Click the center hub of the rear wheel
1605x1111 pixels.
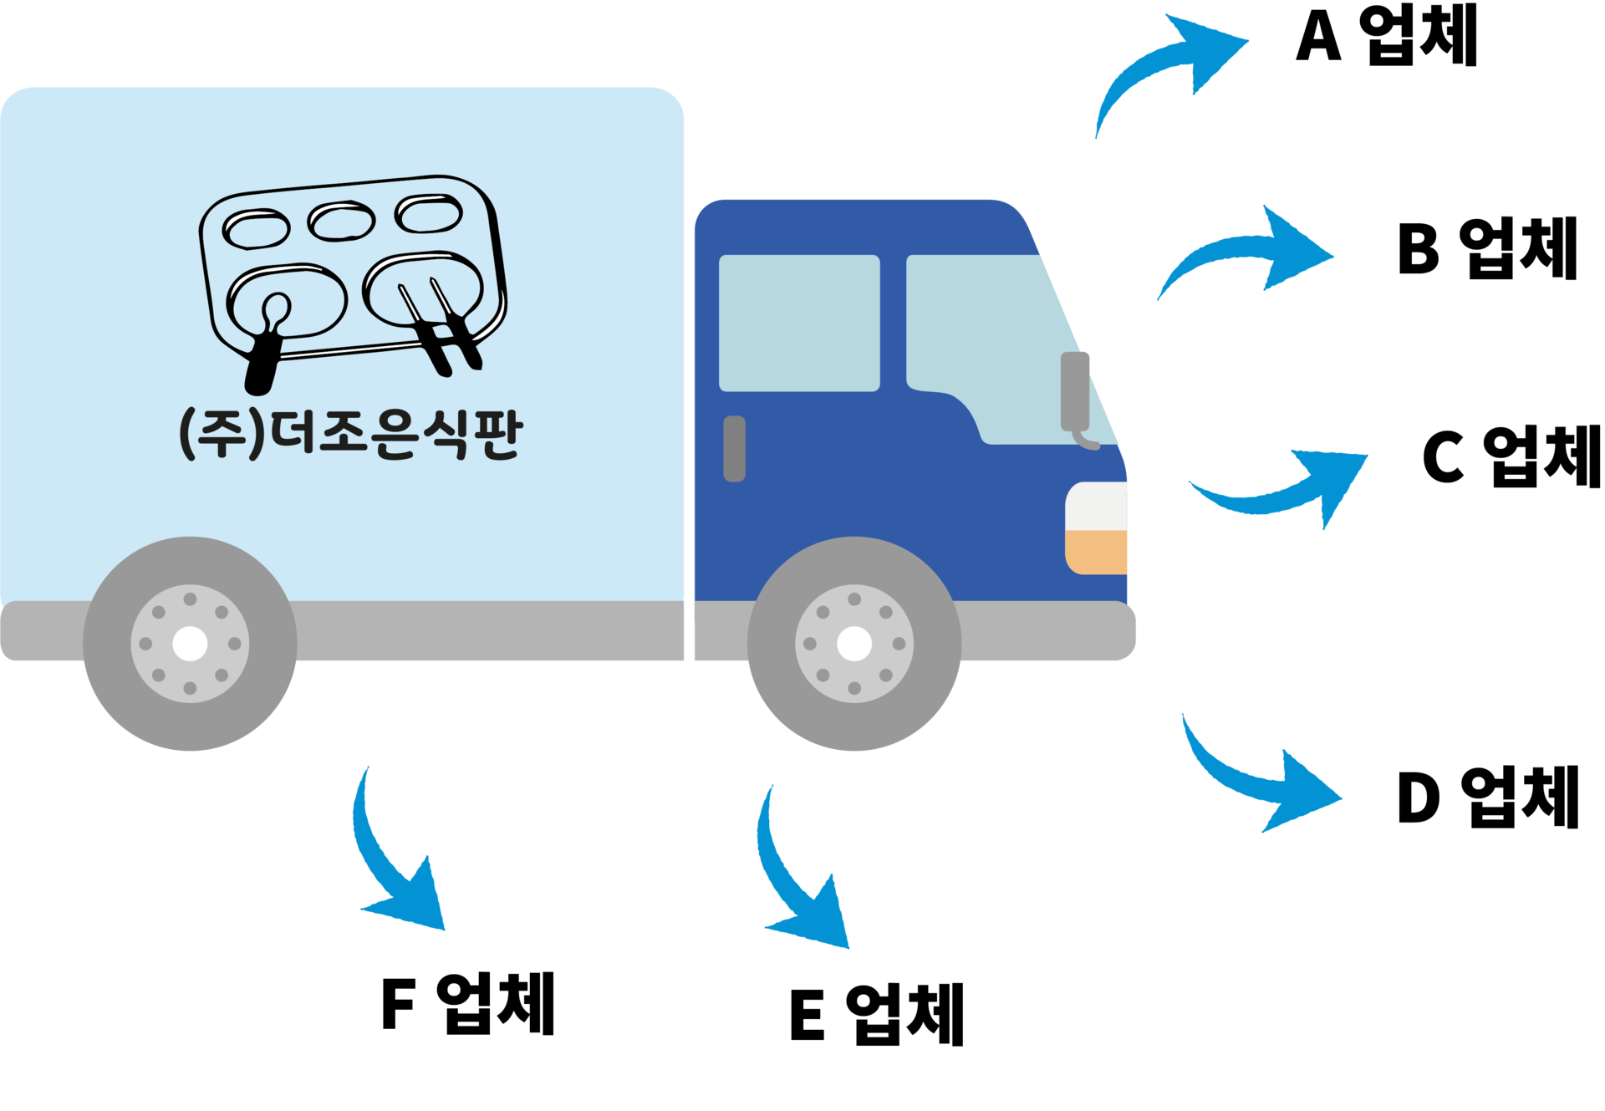[x=190, y=644]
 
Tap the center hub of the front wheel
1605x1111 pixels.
[x=853, y=644]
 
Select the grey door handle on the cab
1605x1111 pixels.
[x=734, y=449]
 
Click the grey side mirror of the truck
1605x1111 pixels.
[x=1075, y=391]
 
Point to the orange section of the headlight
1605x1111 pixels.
[x=1098, y=552]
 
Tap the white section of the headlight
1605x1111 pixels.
[x=1098, y=506]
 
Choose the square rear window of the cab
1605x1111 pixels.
[x=799, y=323]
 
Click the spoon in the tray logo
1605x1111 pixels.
[x=267, y=343]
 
